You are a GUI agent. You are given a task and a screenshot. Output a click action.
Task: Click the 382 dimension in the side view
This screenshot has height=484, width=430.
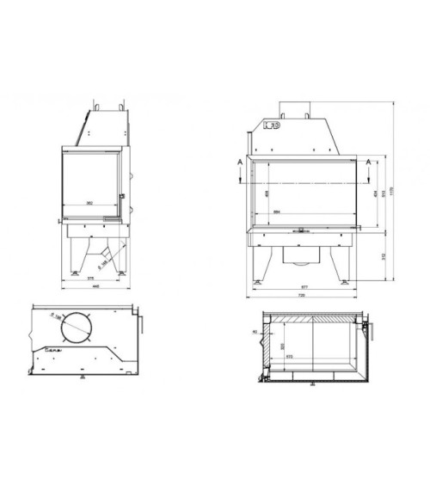point(89,203)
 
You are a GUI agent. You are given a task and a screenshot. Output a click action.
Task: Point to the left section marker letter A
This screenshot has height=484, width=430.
point(237,161)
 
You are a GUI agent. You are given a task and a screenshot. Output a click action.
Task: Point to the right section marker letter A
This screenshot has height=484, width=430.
point(370,161)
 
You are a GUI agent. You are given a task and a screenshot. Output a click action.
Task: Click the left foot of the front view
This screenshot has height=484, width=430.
point(258,281)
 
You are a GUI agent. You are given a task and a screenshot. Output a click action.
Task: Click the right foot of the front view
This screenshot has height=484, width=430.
point(347,281)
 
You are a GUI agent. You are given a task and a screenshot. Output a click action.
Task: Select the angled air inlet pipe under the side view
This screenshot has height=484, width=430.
point(106,252)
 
